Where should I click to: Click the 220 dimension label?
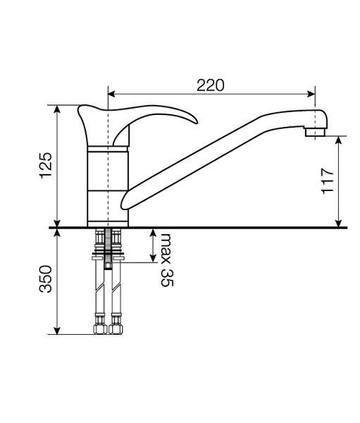(210, 85)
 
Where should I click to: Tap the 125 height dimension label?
(46, 166)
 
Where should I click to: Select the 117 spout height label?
(328, 180)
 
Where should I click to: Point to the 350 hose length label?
(46, 279)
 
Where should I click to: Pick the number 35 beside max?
(167, 278)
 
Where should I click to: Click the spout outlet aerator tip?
(315, 133)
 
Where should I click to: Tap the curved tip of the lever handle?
(194, 121)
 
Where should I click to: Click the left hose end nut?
(100, 329)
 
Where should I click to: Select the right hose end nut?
(116, 329)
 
